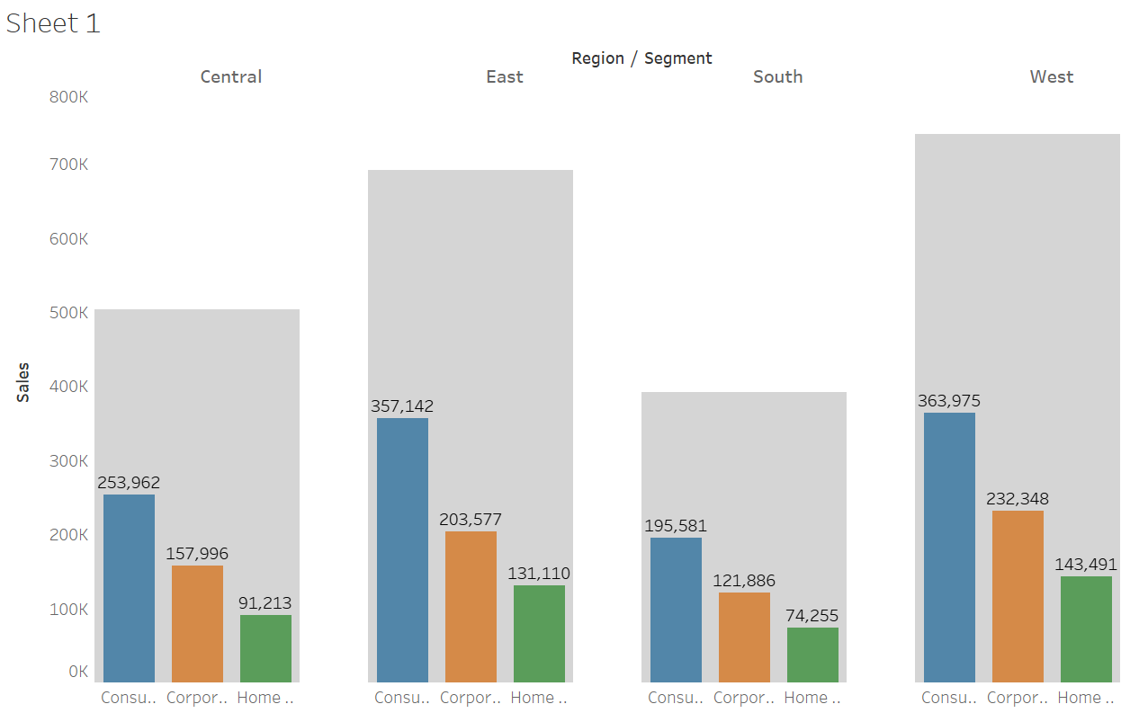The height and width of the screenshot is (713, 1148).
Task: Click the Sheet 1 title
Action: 53,23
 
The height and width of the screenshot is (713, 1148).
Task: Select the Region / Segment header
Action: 641,58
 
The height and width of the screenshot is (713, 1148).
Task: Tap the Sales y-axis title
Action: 23,381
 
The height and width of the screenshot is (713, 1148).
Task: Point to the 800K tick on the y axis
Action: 68,96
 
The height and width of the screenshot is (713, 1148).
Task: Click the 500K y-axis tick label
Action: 68,313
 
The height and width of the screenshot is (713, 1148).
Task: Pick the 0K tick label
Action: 78,671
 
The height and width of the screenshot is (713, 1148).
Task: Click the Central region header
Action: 231,76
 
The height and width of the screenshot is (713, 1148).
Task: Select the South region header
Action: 777,76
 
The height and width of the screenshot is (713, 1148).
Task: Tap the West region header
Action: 1051,76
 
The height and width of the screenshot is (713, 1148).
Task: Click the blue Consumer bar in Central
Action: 129,588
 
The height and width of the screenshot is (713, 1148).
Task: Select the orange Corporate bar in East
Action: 471,606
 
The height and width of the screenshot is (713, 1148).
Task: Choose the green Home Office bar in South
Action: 812,655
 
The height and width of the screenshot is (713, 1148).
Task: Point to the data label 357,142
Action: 402,406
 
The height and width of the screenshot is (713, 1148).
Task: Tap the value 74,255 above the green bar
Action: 812,616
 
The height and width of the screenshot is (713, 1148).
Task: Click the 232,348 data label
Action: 1018,499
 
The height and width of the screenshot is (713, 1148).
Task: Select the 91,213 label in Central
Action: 265,603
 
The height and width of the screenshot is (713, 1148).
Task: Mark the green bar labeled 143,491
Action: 1086,628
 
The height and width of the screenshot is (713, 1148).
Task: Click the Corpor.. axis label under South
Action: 743,698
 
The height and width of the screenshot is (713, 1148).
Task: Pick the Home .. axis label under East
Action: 538,698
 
